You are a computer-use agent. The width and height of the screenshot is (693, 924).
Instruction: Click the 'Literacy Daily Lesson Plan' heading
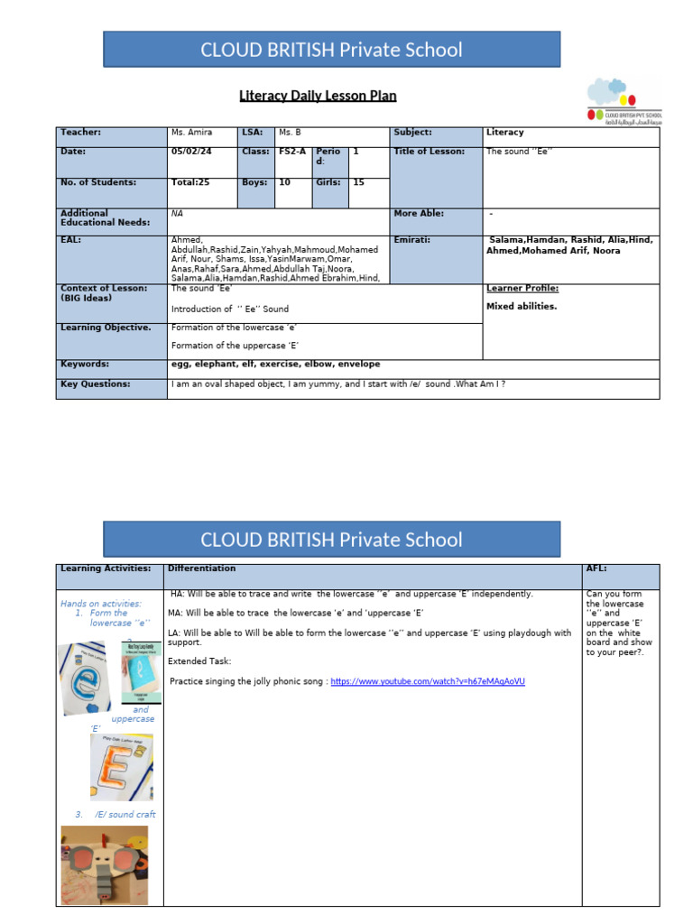coord(318,96)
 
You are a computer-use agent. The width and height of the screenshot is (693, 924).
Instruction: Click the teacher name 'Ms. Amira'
coord(191,133)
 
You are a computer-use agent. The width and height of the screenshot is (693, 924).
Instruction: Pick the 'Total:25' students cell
coord(190,182)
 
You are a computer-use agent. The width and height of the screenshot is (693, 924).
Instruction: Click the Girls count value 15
coord(359,182)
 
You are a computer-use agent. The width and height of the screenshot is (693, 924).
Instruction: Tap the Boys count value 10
coord(284,182)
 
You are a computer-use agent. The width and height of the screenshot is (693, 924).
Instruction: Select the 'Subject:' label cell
coord(412,133)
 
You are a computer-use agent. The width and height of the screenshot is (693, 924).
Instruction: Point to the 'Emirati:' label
coord(412,240)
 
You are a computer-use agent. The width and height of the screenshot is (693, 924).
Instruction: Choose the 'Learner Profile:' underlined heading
coord(522,289)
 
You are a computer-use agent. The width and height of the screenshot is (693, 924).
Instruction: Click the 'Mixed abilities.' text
coord(522,307)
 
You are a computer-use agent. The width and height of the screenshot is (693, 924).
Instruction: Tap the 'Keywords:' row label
coord(85,365)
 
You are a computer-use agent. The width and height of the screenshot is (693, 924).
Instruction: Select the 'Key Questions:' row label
coord(95,384)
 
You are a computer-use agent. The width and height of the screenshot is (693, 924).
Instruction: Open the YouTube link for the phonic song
coord(428,682)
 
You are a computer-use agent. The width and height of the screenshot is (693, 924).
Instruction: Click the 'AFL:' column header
coord(597,568)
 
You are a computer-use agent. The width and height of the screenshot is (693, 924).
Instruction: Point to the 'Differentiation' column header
coord(201,568)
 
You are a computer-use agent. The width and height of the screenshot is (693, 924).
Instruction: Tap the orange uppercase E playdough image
coord(121,767)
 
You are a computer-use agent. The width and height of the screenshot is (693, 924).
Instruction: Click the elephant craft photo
coord(105,864)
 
